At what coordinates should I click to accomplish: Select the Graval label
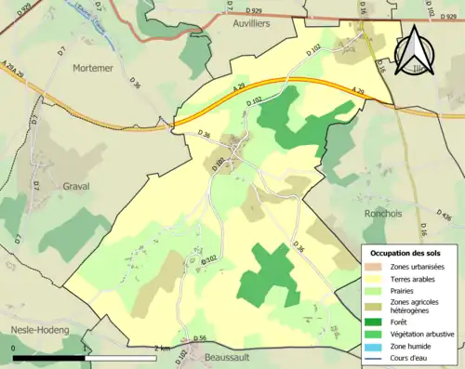(x=75, y=186)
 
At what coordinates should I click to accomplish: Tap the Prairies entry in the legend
(x=406, y=290)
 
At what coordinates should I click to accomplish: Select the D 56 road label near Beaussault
(x=200, y=338)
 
